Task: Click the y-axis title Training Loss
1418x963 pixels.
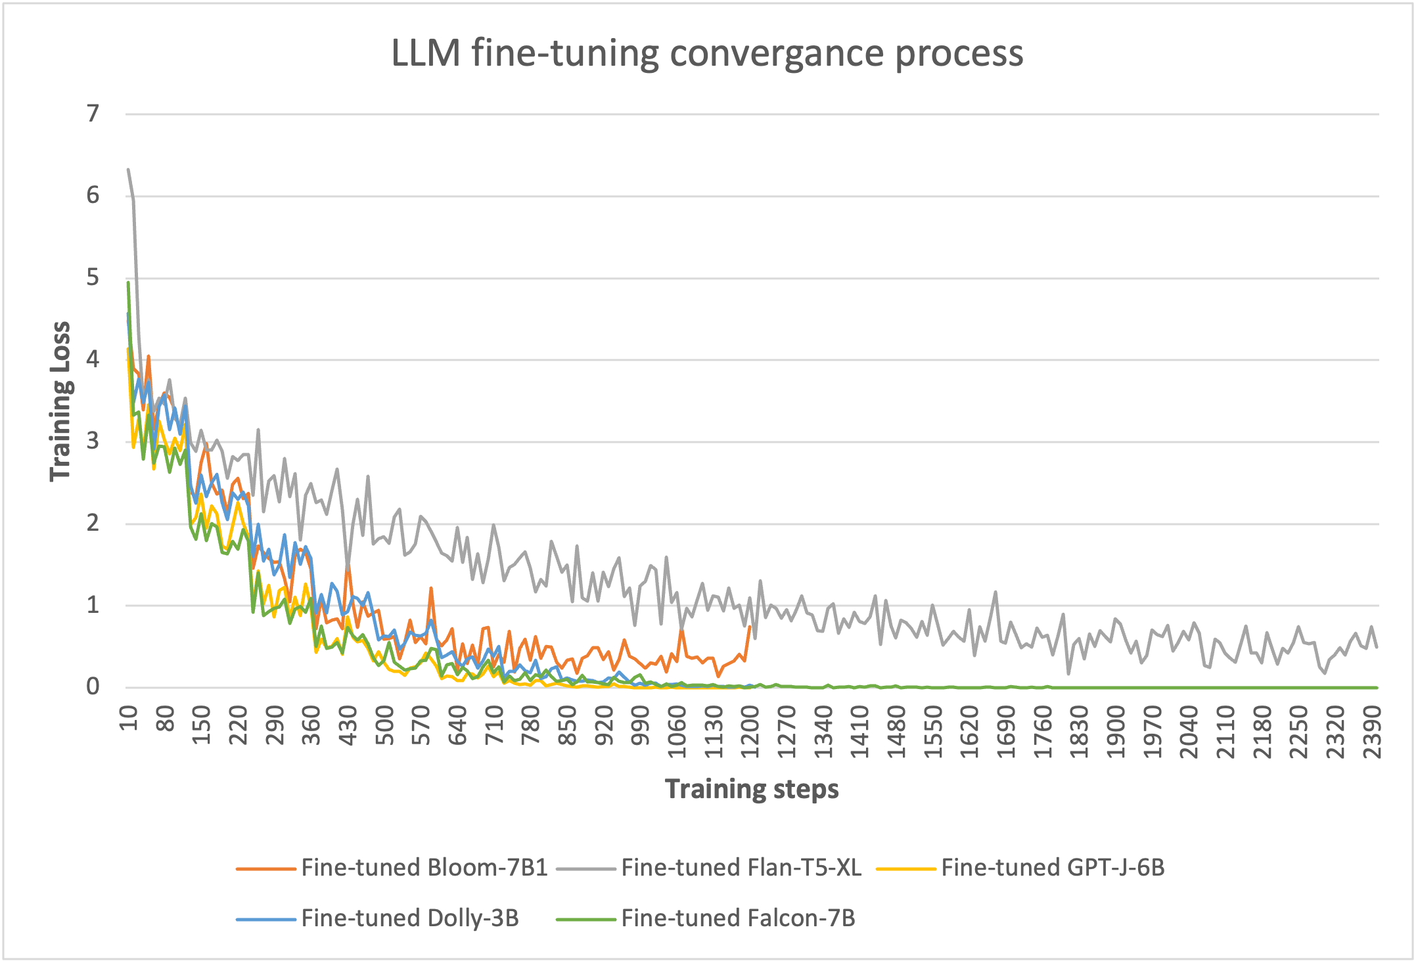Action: coord(60,401)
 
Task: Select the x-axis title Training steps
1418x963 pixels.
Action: coord(752,789)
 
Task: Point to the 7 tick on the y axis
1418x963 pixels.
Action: coord(93,114)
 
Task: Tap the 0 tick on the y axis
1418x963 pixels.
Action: coord(93,686)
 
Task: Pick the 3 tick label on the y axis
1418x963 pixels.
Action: coord(93,441)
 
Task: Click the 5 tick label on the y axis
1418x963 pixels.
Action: coord(93,277)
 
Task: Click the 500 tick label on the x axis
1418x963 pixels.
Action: coord(386,726)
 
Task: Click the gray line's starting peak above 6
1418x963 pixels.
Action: coord(128,169)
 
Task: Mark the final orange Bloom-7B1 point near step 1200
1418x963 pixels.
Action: coord(750,626)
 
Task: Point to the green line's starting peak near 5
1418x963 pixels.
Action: coord(128,282)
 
